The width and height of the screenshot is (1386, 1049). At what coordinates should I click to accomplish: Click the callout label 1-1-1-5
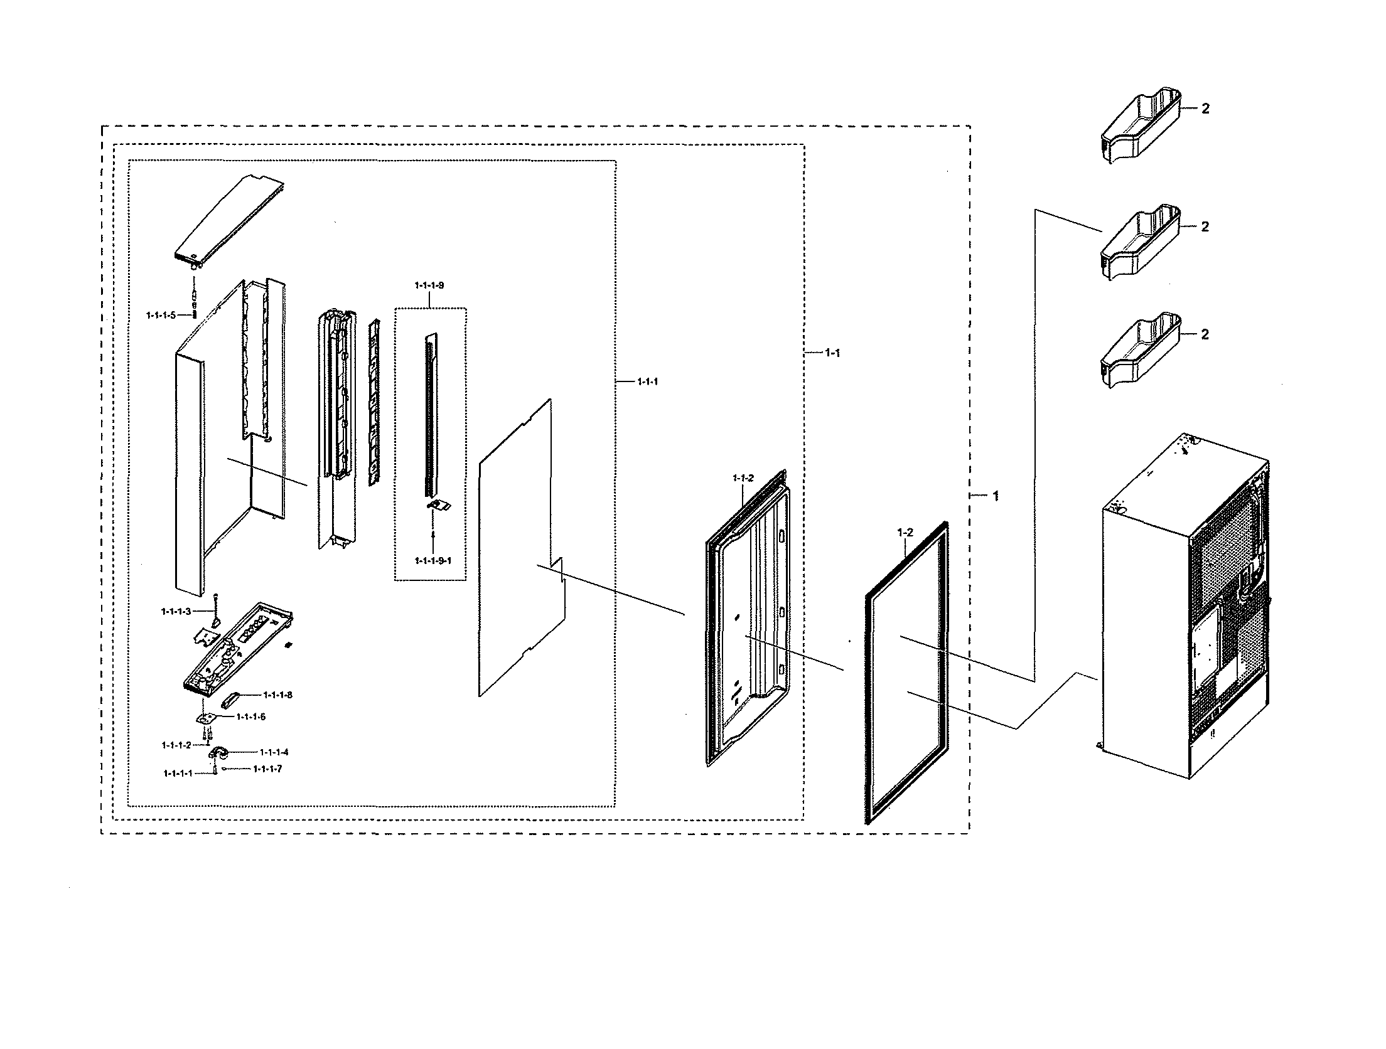pos(161,315)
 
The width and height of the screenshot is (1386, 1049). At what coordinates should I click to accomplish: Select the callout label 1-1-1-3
pos(176,611)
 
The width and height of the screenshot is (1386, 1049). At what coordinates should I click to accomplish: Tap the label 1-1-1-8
pos(277,695)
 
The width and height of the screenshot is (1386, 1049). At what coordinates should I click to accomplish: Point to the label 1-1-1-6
pos(251,716)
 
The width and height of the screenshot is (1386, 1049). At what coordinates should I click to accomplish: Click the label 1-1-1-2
pos(176,745)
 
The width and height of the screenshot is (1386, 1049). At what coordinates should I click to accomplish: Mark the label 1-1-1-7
pos(267,769)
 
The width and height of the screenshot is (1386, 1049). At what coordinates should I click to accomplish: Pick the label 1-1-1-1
pos(178,774)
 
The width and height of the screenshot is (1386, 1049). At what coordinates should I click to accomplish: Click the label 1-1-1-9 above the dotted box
pos(429,285)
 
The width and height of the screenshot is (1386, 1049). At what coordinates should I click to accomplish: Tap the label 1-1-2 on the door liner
pos(743,478)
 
